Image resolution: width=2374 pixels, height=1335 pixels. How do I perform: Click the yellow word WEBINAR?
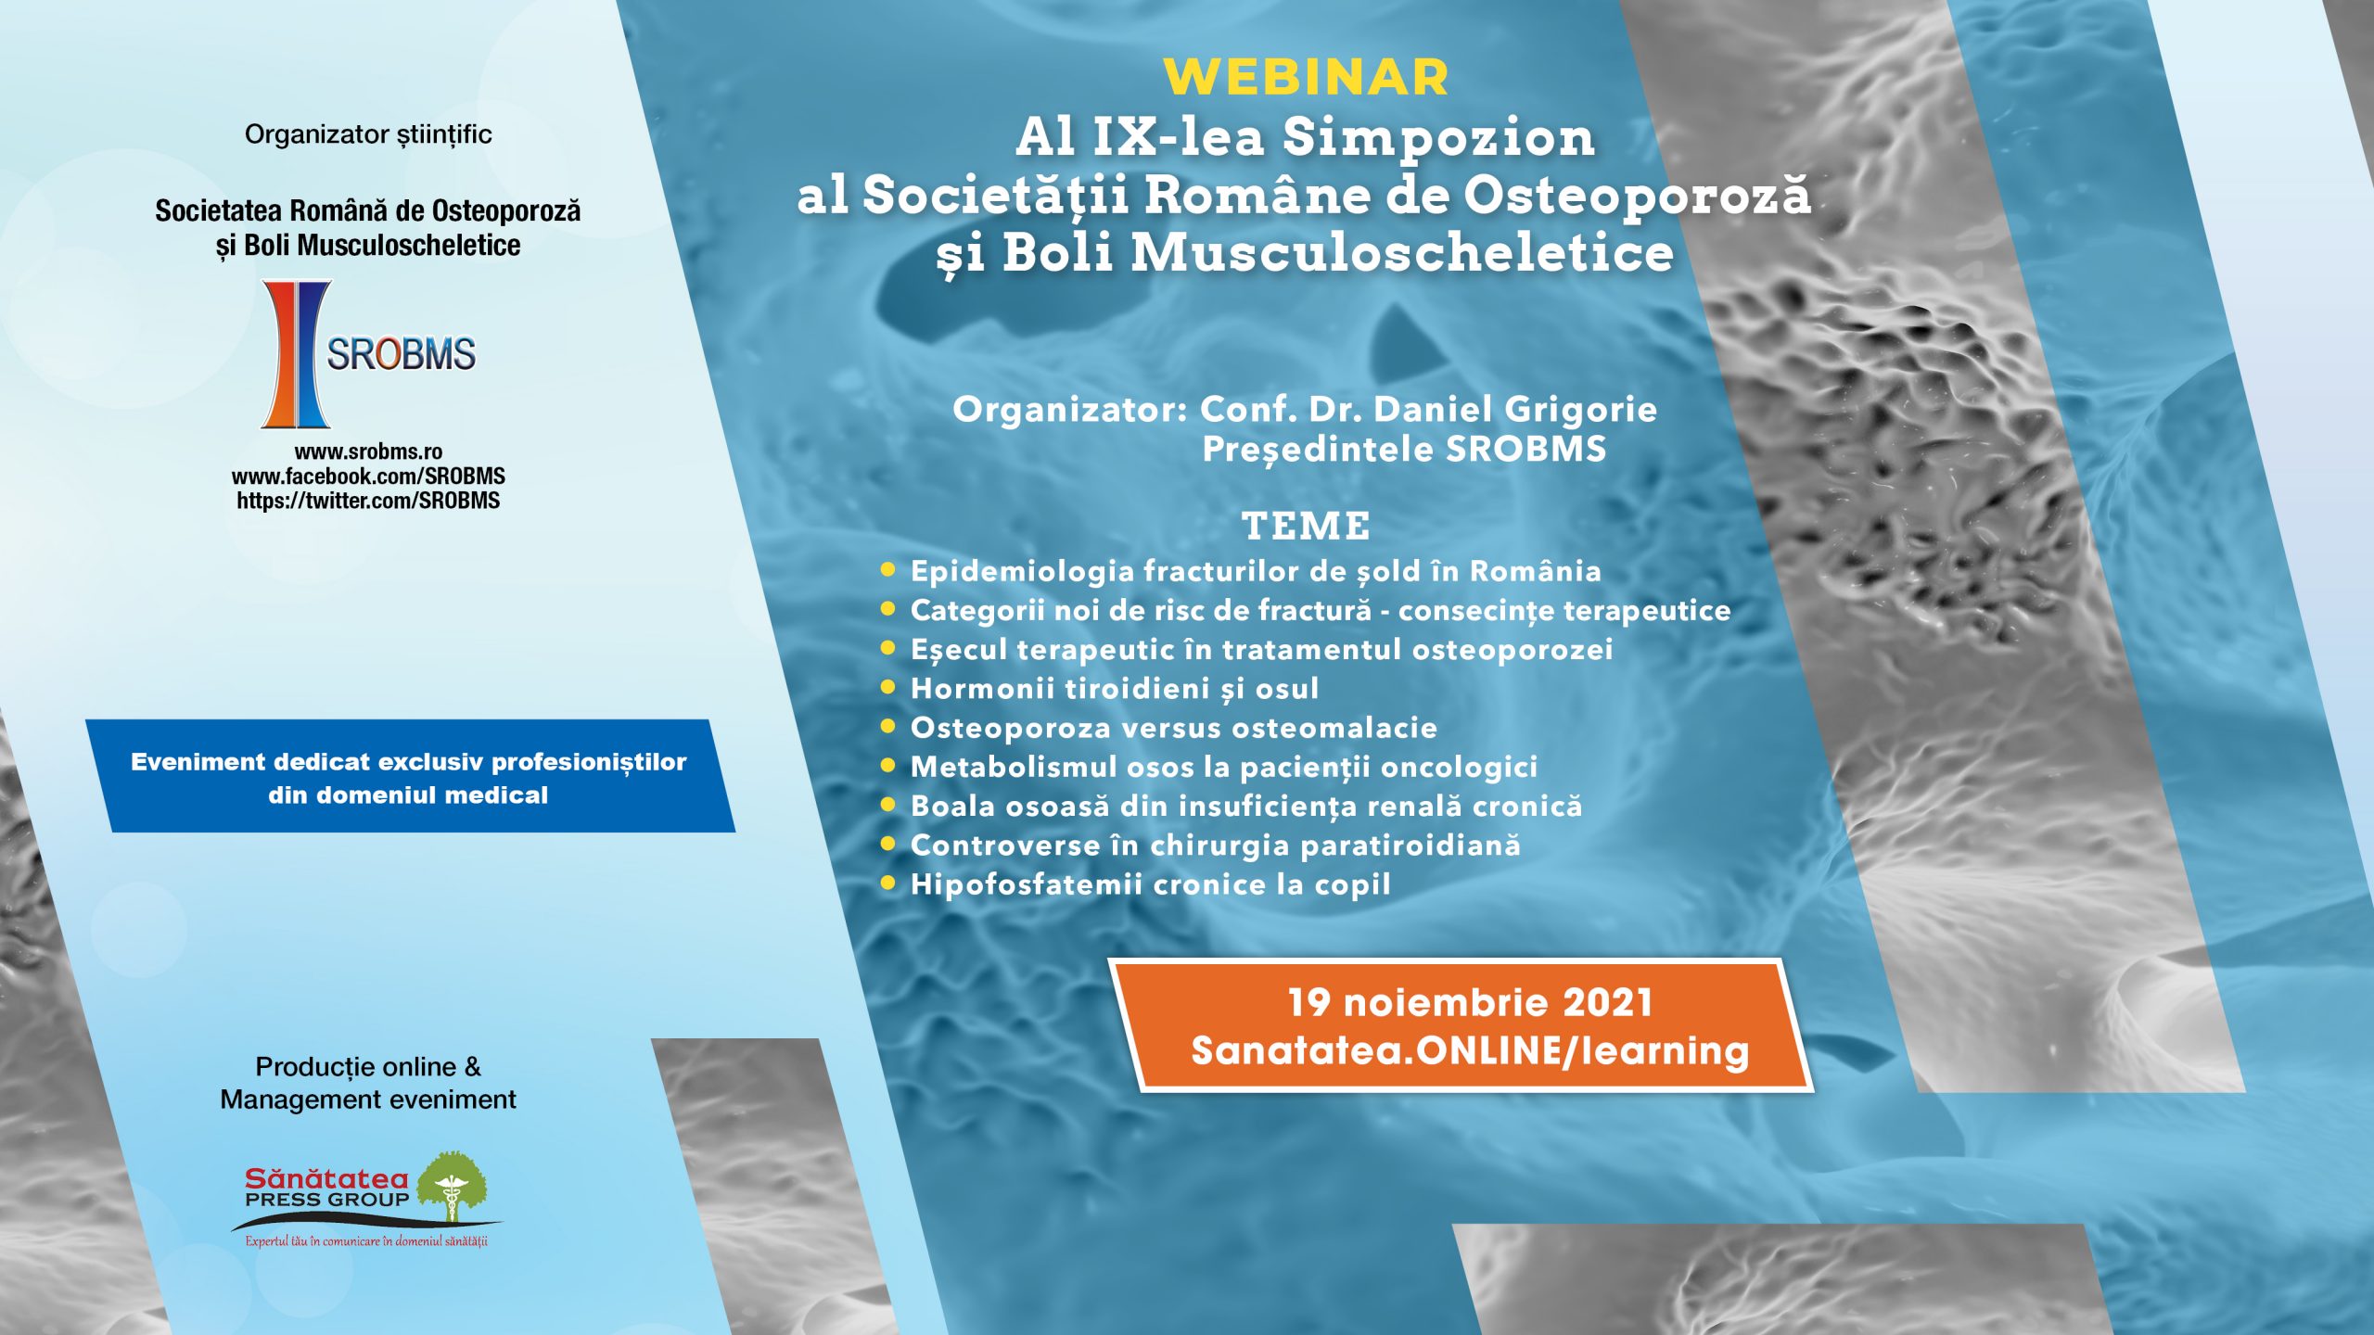tap(1306, 77)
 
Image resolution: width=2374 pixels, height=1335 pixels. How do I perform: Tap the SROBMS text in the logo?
tap(401, 354)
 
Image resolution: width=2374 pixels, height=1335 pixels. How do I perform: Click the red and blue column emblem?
tap(296, 354)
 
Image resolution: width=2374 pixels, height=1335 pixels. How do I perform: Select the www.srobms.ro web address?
tap(368, 451)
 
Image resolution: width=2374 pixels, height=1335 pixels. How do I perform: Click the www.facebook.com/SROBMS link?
tap(368, 477)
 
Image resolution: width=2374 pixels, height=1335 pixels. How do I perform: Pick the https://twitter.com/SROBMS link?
tap(368, 501)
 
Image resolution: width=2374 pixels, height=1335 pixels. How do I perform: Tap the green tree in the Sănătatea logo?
tap(452, 1186)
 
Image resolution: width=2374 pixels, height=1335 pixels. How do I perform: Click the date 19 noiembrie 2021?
tap(1470, 1002)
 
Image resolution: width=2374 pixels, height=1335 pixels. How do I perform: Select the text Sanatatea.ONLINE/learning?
tap(1470, 1050)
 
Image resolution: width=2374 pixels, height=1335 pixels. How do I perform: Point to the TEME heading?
tap(1306, 526)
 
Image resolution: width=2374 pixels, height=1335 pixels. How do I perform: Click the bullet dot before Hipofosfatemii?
tap(887, 883)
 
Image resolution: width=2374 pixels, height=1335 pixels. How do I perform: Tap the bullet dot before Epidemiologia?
tap(887, 569)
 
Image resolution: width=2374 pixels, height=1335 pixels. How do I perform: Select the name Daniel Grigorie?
tap(1515, 409)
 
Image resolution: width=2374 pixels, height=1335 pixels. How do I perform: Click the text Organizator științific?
tap(368, 134)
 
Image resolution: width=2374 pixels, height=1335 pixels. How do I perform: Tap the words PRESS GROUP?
tap(326, 1199)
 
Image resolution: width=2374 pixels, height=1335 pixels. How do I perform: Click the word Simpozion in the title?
tap(1439, 137)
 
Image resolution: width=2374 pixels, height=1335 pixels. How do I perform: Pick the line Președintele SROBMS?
tap(1404, 450)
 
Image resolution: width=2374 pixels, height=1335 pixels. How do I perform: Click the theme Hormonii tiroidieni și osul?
tap(1115, 689)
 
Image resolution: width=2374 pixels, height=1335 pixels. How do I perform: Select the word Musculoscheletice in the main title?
tap(1402, 253)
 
